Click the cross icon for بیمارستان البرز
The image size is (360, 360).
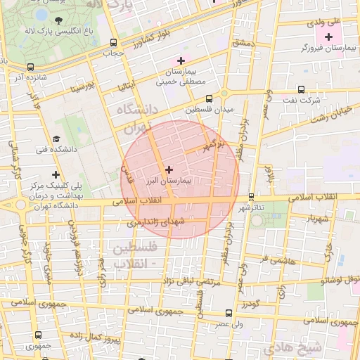tap(168, 169)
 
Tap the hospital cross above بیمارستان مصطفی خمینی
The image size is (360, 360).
tap(182, 60)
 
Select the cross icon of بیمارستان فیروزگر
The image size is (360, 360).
tap(328, 36)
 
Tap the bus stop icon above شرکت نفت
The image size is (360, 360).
tap(302, 89)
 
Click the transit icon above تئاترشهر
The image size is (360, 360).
tap(251, 196)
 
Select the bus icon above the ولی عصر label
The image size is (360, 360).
tap(229, 314)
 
